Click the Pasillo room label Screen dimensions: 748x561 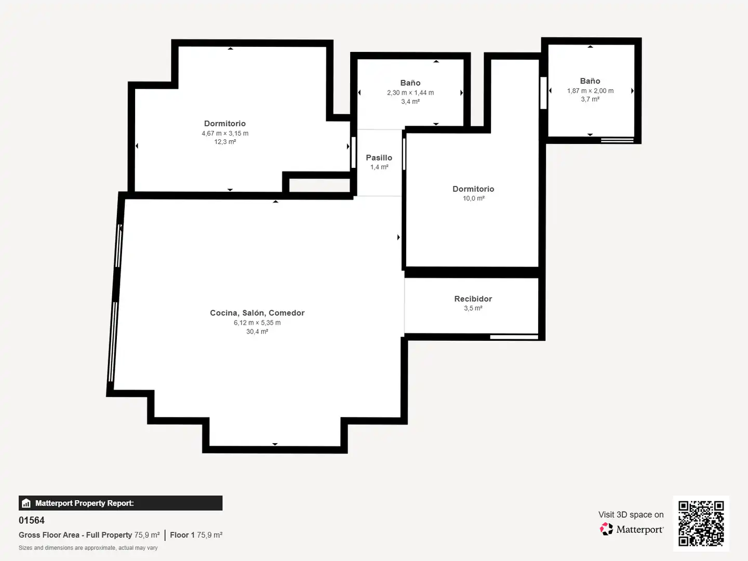(379, 158)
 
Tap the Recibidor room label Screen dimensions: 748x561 (473, 299)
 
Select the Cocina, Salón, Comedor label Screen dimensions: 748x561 (257, 313)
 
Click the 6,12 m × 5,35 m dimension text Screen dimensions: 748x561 (257, 323)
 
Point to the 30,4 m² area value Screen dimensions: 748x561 (257, 331)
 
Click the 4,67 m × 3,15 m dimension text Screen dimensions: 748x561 (225, 133)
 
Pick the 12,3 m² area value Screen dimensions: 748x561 (225, 142)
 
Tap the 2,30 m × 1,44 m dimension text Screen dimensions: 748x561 (410, 92)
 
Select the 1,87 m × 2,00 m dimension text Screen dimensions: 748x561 (590, 90)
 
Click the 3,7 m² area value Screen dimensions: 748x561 (590, 99)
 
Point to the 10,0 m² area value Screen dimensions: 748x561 (473, 198)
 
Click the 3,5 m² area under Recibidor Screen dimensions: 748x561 (473, 308)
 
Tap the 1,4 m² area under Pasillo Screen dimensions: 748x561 (379, 167)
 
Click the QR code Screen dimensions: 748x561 (701, 523)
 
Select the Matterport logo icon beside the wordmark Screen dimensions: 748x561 (606, 529)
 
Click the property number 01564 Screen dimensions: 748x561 (31, 520)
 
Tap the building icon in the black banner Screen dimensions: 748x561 (26, 503)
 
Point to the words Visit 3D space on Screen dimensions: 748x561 (631, 514)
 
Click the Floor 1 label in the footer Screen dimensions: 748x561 (182, 535)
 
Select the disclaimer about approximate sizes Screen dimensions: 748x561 (88, 547)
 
